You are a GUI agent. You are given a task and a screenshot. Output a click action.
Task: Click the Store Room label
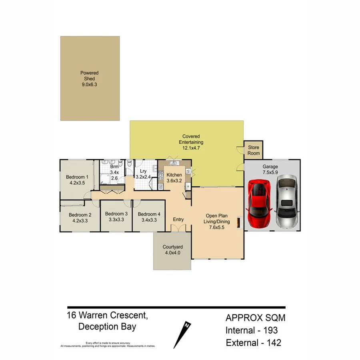(254, 150)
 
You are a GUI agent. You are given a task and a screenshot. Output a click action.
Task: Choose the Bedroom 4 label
(149, 214)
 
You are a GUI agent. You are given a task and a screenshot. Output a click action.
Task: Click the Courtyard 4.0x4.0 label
(173, 250)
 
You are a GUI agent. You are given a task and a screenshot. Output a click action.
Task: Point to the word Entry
(178, 220)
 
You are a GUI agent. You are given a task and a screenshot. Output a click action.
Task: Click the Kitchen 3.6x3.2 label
(174, 178)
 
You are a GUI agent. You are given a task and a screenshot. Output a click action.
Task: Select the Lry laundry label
(143, 171)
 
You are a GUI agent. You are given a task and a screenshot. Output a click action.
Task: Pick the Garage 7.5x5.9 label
(270, 169)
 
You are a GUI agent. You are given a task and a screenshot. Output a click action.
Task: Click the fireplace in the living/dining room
(239, 222)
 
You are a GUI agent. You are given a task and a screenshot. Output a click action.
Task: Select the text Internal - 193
(252, 330)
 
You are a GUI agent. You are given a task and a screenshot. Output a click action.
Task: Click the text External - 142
(253, 342)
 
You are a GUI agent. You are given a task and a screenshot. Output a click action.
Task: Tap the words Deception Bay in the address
(107, 326)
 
